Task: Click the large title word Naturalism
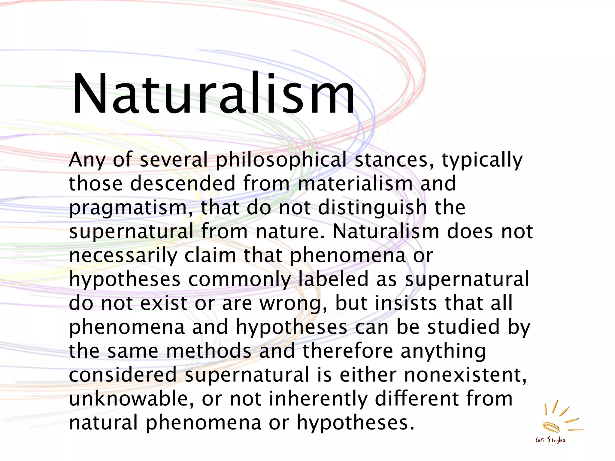213,94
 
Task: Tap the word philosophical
281,160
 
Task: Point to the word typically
482,160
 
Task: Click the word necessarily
123,256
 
